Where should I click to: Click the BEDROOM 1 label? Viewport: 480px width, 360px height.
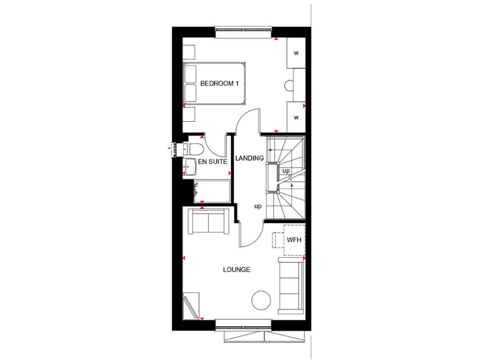tap(219, 84)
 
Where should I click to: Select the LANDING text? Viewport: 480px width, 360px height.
tap(249, 158)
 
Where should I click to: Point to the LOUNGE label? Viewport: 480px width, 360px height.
tap(237, 269)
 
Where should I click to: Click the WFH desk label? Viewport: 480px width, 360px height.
tap(294, 240)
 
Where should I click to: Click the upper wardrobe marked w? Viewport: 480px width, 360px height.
tap(296, 52)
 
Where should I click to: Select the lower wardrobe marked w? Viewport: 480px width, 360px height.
tap(296, 117)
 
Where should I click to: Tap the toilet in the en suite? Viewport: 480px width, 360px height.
tap(193, 151)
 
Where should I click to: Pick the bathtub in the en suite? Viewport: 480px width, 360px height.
tap(212, 191)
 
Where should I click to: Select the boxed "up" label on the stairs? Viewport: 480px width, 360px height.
tap(286, 171)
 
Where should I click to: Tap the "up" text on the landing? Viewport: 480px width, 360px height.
tap(257, 206)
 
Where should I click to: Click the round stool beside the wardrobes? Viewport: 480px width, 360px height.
tap(291, 87)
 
